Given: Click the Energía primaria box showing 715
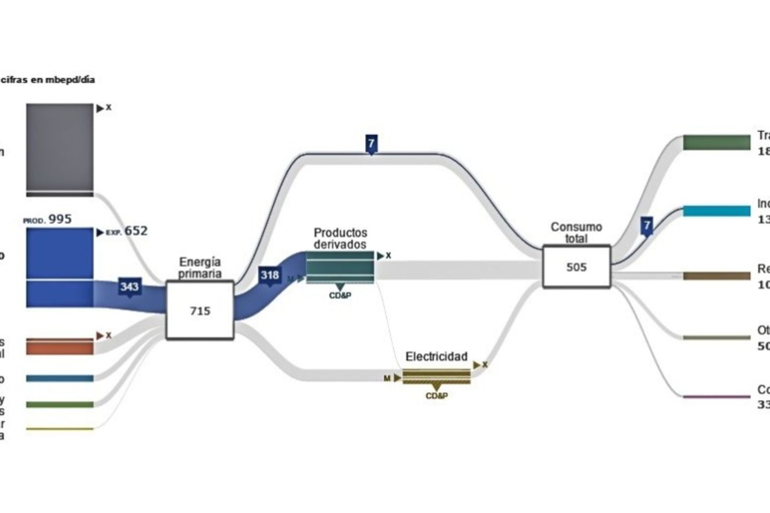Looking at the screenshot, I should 200,310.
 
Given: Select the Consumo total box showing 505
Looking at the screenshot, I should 576,267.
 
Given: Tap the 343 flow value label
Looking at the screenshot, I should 129,287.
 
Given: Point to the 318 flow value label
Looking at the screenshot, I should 269,275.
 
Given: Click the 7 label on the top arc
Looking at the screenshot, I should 371,143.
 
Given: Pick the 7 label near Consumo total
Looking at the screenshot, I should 647,225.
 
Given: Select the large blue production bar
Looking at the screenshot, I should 59,267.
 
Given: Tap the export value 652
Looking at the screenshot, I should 136,231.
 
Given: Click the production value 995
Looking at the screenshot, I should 59,219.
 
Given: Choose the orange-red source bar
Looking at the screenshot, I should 59,347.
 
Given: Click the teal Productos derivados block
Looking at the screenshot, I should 340,267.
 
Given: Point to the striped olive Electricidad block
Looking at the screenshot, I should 436,376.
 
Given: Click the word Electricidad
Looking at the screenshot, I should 436,356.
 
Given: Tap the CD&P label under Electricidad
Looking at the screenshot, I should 436,396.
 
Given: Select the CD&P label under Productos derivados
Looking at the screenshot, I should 340,295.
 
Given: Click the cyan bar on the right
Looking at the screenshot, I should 717,211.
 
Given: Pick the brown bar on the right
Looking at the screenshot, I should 717,276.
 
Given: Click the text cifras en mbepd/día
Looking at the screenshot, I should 48,80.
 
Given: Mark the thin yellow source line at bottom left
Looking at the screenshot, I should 59,429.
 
